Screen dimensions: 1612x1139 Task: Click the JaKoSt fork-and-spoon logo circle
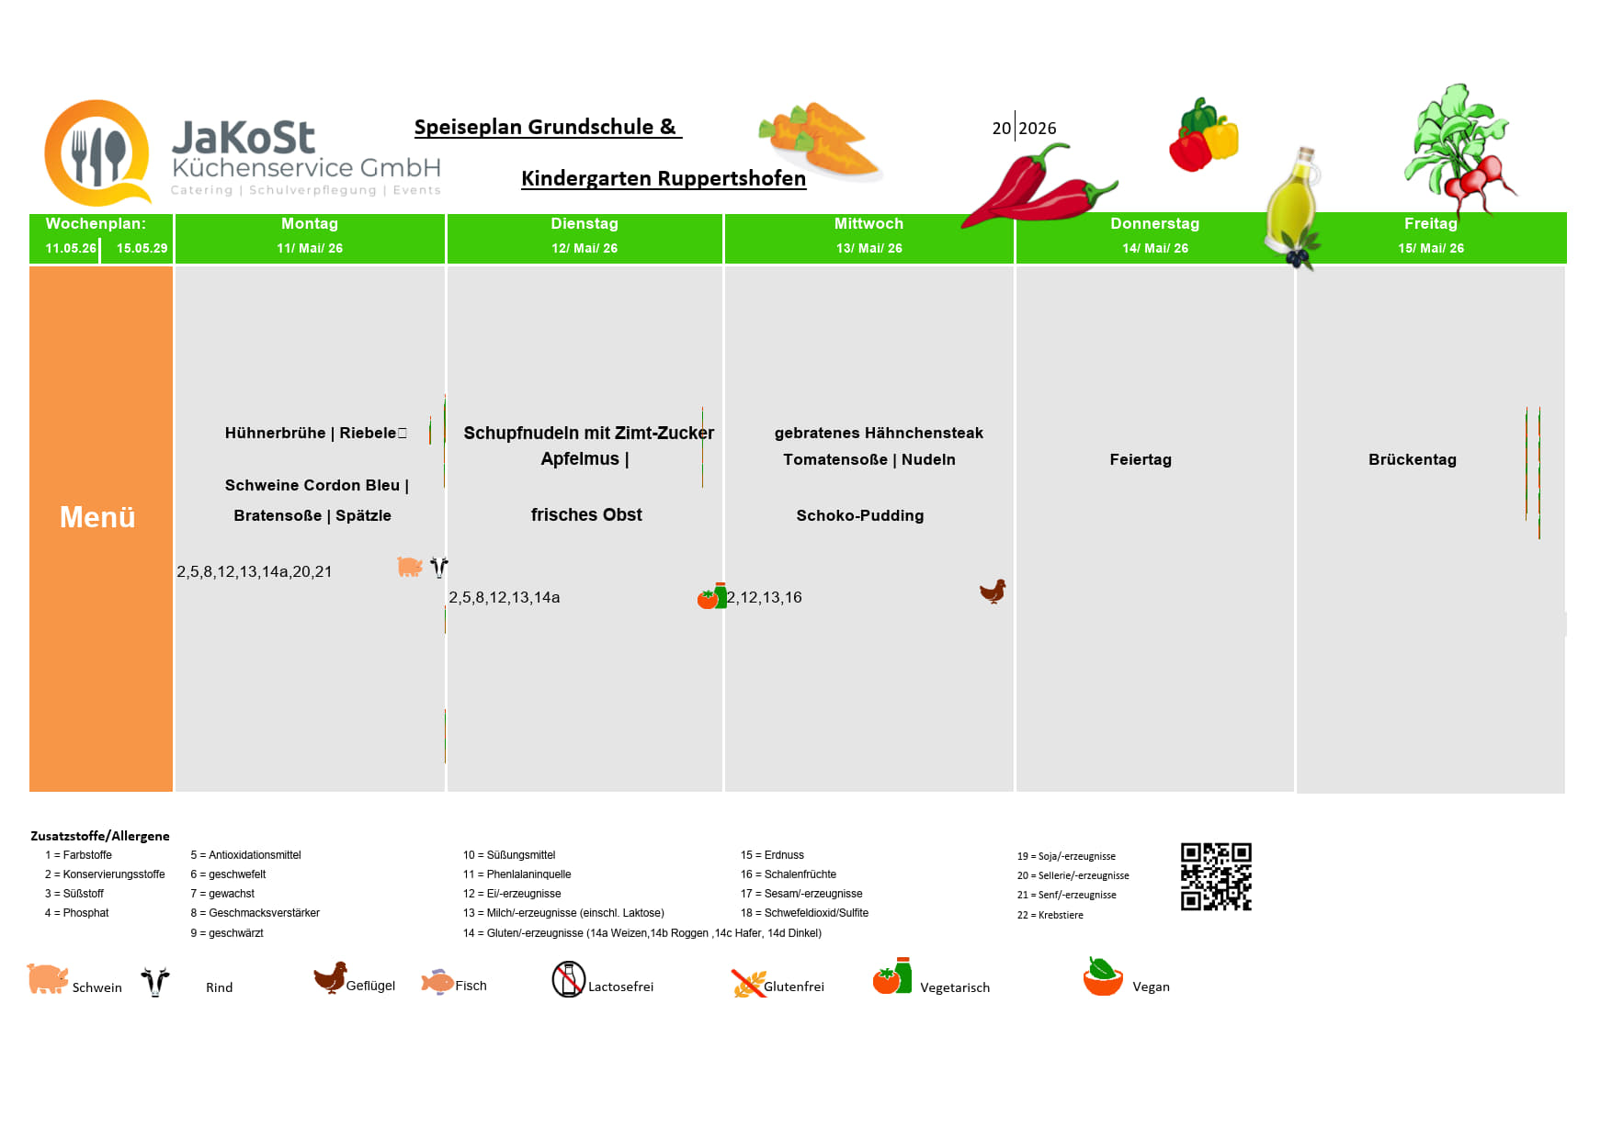coord(97,152)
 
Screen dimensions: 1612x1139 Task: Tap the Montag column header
coord(310,223)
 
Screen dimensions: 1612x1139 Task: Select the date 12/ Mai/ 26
coord(585,248)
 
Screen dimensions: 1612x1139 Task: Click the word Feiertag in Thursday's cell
coord(1141,459)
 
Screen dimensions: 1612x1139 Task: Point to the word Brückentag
coord(1413,459)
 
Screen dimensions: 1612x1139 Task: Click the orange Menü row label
coord(97,517)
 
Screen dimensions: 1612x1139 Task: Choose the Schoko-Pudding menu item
coord(860,515)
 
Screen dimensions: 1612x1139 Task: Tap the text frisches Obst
coord(586,514)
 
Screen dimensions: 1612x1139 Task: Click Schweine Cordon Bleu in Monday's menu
coord(312,485)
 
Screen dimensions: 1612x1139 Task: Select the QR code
coord(1216,876)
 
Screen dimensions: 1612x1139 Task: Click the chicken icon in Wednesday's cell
coord(993,591)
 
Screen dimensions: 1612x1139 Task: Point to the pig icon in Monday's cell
coord(410,567)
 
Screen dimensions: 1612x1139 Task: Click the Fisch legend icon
coord(437,982)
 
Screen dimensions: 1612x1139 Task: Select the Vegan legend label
coord(1151,987)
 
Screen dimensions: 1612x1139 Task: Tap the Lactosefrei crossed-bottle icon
coord(569,979)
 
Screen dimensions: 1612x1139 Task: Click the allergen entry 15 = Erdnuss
coord(772,855)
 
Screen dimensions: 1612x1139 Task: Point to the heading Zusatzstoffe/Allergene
coord(100,836)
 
